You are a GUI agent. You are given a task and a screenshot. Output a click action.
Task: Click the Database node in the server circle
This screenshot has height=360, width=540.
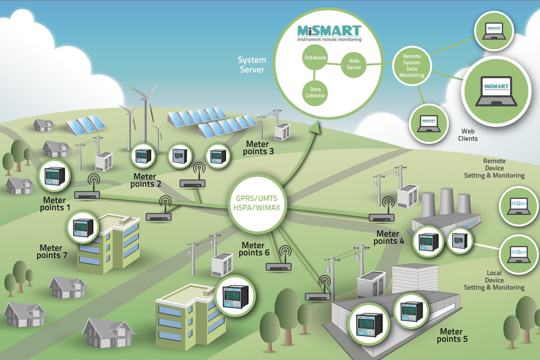(x=315, y=58)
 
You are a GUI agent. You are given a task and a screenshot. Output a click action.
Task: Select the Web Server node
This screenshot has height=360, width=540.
(x=354, y=64)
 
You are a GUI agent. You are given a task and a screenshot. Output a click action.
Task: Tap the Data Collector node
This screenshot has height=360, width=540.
(x=315, y=93)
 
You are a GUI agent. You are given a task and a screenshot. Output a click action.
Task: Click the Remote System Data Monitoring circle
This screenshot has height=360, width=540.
(x=412, y=66)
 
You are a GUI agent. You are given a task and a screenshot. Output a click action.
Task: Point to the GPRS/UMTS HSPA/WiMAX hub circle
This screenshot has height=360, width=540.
(x=257, y=203)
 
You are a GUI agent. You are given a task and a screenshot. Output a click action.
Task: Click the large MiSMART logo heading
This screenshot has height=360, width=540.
(x=329, y=31)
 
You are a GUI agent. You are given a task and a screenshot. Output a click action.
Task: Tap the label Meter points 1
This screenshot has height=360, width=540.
(x=55, y=204)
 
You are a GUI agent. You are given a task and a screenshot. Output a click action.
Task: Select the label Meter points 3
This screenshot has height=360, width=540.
(x=258, y=148)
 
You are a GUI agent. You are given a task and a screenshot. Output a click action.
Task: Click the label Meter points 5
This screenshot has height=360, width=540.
(x=452, y=335)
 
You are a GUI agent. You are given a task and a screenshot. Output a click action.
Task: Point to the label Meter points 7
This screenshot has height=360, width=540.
(x=52, y=252)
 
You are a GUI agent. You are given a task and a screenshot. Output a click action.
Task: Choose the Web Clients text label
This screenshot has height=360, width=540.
(x=468, y=135)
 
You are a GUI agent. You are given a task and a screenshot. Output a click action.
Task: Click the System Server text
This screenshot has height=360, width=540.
(x=252, y=65)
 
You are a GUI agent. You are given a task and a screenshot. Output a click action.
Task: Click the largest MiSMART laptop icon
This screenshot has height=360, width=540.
(x=496, y=91)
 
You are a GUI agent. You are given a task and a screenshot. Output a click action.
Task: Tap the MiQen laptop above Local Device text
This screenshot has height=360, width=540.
(x=518, y=255)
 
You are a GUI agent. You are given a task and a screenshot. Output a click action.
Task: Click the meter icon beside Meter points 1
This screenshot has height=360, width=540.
(x=55, y=176)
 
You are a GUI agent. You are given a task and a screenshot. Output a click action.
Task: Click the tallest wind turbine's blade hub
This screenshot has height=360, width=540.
(x=145, y=98)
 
